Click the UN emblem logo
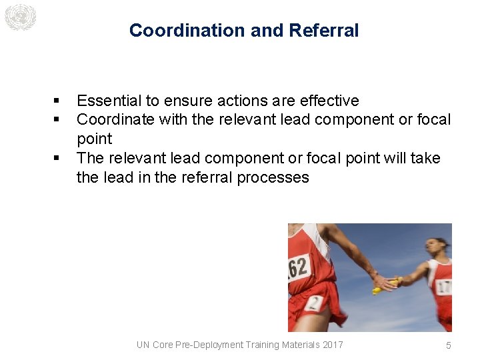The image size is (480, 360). (19, 17)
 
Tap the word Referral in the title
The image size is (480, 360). (324, 31)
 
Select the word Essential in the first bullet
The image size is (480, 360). (109, 101)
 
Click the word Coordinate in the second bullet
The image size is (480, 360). (115, 120)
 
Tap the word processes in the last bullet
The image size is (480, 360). (276, 177)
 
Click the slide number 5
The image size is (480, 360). (449, 345)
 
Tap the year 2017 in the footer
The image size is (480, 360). (331, 345)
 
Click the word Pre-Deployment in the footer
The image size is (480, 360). (209, 345)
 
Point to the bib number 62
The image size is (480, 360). (298, 268)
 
